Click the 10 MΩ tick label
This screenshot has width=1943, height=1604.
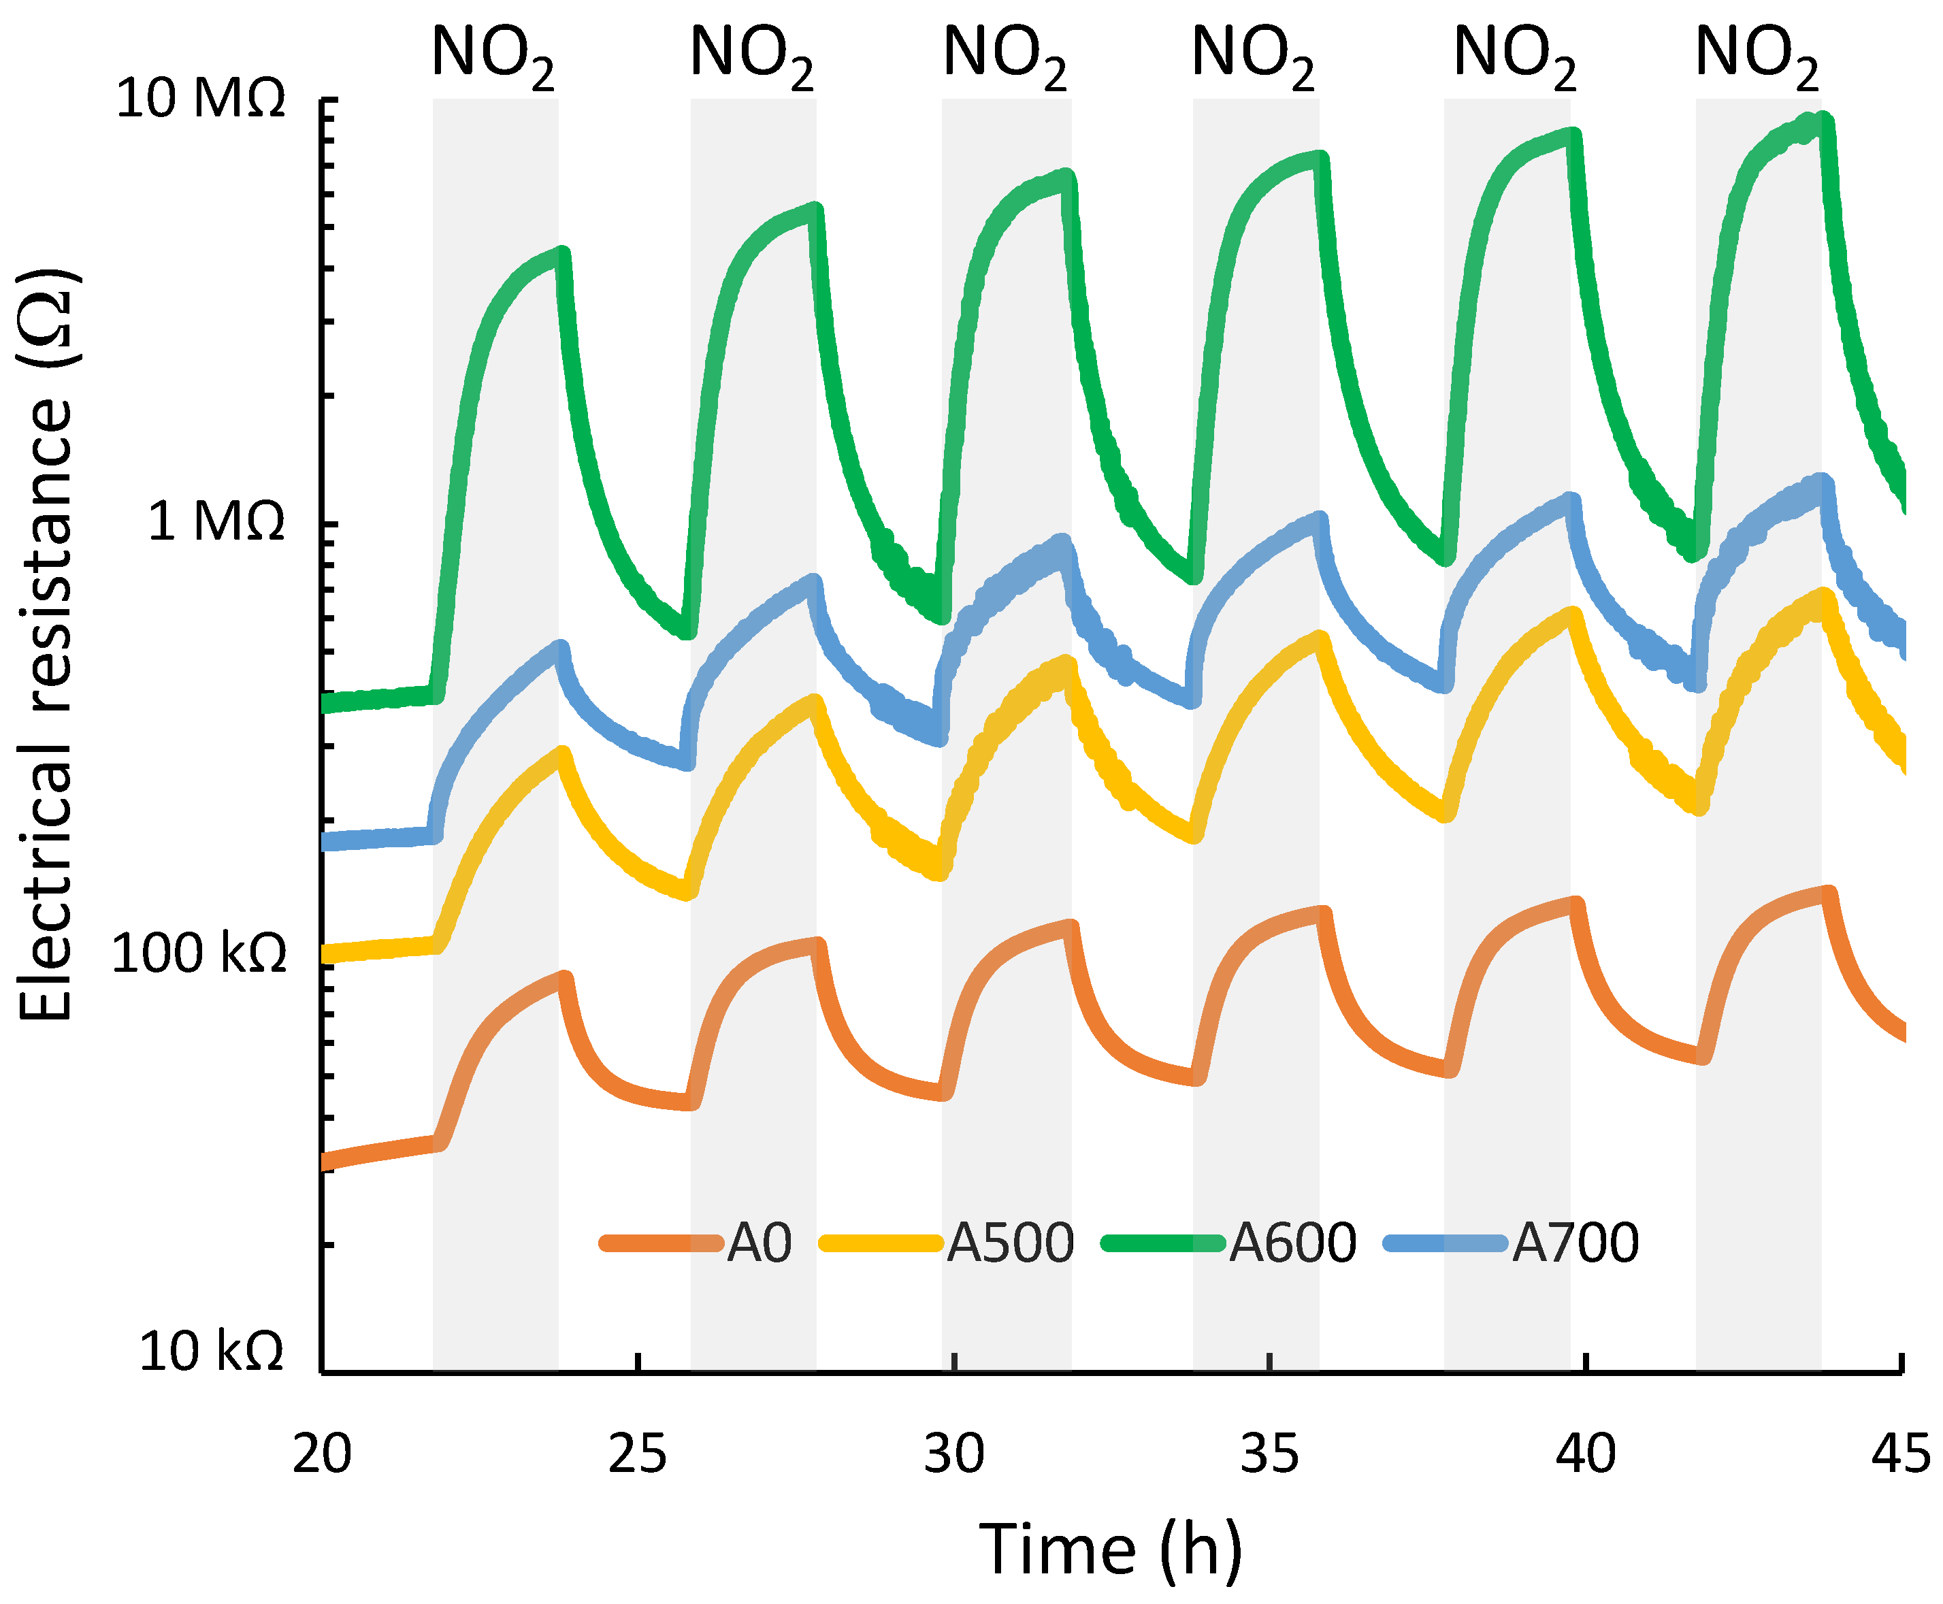pos(199,98)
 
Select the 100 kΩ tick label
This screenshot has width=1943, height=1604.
pos(199,953)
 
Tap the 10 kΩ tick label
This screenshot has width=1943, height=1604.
pos(212,1352)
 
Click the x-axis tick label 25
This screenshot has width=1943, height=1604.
pos(638,1454)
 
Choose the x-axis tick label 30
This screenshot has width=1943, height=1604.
pos(953,1454)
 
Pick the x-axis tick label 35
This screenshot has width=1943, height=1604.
pos(1269,1454)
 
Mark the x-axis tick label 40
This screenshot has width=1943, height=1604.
pos(1586,1454)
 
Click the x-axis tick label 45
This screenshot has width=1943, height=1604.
pos(1901,1454)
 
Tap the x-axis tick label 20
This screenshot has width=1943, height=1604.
pos(321,1454)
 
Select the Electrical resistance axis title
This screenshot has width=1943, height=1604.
pos(46,646)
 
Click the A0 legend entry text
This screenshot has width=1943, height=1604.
pos(760,1243)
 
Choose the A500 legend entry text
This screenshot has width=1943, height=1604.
pos(1011,1243)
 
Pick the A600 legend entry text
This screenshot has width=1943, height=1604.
pos(1292,1243)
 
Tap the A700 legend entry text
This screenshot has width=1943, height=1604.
pos(1575,1243)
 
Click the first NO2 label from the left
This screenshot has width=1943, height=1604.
pos(493,55)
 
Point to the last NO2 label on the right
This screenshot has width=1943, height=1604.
pos(1757,55)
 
